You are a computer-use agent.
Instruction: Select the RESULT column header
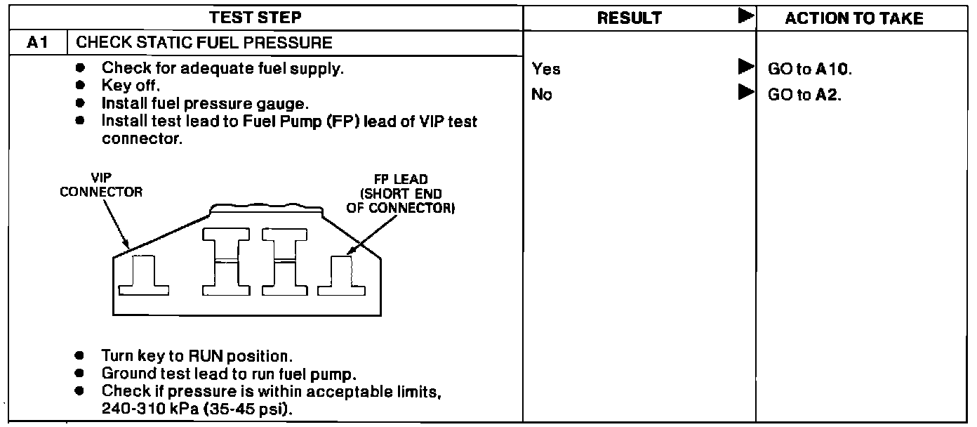point(629,18)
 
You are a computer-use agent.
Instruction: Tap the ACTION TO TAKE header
point(854,18)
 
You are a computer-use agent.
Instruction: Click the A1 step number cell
point(37,43)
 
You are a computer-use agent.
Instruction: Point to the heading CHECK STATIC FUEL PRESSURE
point(204,43)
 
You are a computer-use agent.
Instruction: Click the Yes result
point(546,69)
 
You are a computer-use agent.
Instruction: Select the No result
point(542,94)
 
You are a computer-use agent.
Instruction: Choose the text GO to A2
point(805,94)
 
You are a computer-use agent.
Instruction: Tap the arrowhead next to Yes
point(745,68)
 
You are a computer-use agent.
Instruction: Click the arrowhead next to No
point(745,93)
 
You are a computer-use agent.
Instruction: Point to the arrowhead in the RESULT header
point(746,17)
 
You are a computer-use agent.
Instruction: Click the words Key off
point(131,87)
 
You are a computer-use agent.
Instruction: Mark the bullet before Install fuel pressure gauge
point(81,105)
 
